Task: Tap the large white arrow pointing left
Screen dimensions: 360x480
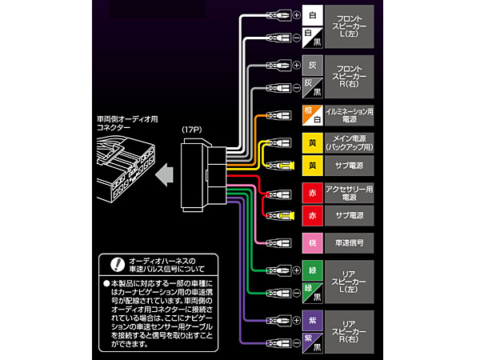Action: click(166, 171)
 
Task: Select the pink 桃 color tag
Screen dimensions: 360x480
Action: click(310, 242)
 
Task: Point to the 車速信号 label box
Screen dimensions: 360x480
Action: click(350, 242)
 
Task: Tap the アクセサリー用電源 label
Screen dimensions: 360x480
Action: click(350, 192)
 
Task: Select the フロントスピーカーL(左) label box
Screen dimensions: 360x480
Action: click(350, 25)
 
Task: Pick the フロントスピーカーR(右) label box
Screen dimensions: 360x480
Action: click(350, 74)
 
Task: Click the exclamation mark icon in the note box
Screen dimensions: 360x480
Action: click(116, 263)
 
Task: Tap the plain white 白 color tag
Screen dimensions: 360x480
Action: click(310, 15)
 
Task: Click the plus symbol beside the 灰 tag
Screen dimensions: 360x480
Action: click(296, 64)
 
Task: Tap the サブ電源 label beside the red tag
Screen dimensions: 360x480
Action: click(350, 216)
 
